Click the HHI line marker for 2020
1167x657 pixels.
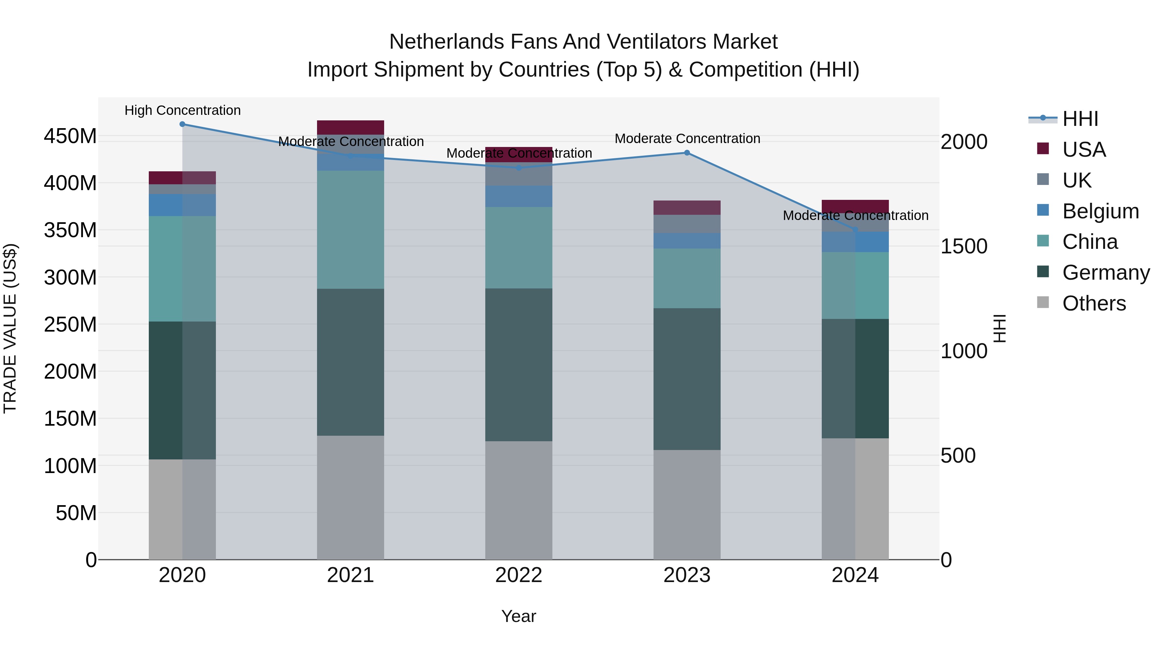[182, 124]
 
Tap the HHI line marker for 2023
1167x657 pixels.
[687, 153]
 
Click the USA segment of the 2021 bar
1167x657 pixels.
[350, 128]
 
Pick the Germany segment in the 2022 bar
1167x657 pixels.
[519, 365]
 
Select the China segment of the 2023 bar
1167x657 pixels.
[687, 278]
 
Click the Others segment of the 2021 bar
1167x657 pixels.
[350, 497]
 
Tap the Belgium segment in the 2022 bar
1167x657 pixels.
[519, 196]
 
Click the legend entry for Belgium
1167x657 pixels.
[1100, 211]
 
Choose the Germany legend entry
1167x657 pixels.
[1105, 273]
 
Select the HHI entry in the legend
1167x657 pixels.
[1080, 119]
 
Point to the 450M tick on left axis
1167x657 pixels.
[70, 136]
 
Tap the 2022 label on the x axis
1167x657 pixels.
[519, 575]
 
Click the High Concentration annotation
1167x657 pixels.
[183, 110]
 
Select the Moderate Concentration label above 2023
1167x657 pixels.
[687, 138]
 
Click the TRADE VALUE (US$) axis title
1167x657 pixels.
[10, 328]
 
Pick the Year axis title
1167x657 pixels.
[519, 616]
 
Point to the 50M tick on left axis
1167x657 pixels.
[76, 513]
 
